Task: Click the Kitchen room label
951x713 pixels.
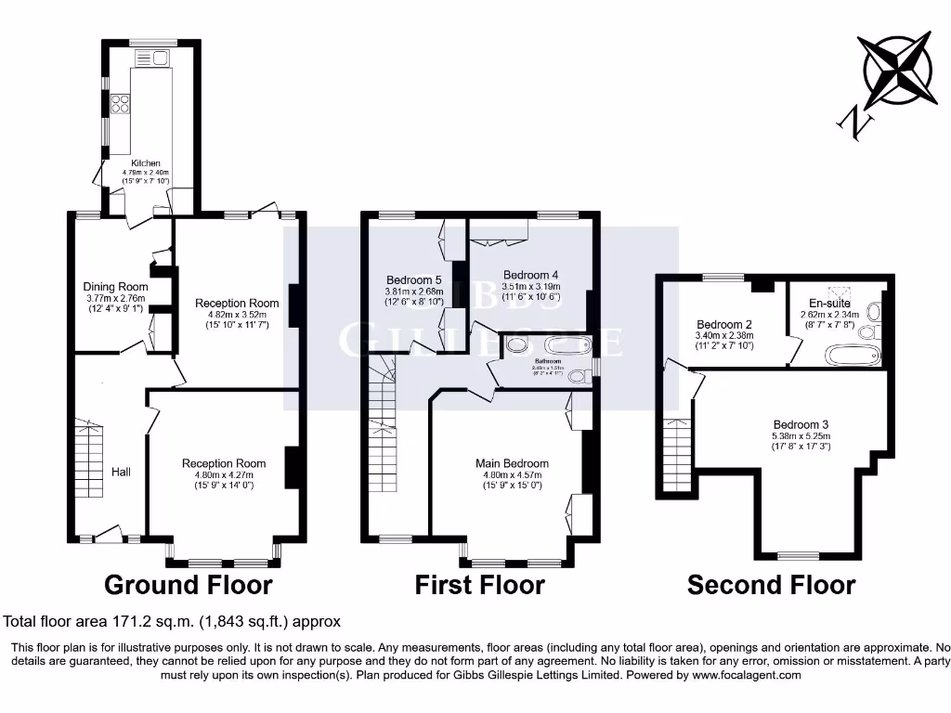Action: (146, 163)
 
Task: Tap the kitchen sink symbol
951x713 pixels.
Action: (153, 59)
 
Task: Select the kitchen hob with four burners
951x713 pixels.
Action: (121, 104)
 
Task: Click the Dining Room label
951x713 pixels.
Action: (115, 287)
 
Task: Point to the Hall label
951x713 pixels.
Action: (121, 473)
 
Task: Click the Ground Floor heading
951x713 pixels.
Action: (188, 585)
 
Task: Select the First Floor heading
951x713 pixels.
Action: (479, 585)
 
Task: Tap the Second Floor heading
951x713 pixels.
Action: (771, 585)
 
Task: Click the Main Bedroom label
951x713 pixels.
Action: (512, 463)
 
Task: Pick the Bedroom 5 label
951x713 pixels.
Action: (413, 279)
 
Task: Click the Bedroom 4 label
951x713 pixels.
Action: (530, 275)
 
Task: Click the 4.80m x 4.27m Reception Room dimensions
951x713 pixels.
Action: (224, 474)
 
